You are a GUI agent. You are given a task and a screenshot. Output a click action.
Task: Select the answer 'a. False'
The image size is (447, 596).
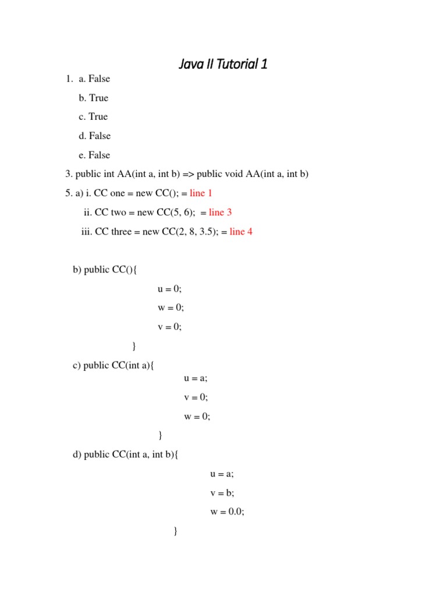(94, 79)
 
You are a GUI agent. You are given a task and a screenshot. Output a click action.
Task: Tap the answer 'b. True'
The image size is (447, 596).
(94, 98)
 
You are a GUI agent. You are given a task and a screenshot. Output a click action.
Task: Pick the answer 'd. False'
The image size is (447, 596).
(94, 136)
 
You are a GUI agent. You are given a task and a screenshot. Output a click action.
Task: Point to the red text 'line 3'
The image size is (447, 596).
(221, 212)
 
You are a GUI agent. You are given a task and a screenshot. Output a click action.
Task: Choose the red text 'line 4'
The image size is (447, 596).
(241, 232)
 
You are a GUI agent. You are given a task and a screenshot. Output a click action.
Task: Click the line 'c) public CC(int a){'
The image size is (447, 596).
(113, 365)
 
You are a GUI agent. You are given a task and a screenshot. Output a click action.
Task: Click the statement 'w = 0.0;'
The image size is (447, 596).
(227, 512)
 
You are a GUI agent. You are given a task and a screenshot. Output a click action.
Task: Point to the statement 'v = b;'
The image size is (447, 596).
(222, 493)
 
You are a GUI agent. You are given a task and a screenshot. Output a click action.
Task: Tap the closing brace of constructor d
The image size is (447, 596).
(176, 531)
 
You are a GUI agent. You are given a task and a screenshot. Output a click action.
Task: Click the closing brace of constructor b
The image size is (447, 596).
(134, 346)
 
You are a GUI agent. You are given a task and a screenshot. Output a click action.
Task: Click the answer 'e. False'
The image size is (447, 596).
(94, 155)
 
